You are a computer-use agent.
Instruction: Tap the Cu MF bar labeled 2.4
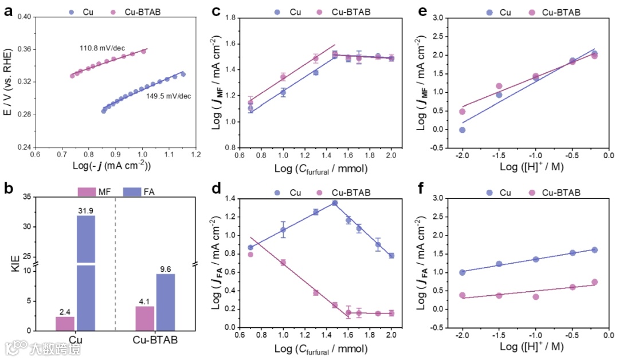coord(65,323)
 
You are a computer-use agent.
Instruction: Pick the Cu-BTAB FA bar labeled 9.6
coord(166,302)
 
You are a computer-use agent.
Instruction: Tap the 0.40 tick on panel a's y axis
coord(24,17)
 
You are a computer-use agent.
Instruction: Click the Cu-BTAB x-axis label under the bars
coord(155,340)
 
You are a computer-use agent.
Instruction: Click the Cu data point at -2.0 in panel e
coord(462,130)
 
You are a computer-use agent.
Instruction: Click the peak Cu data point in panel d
coord(335,203)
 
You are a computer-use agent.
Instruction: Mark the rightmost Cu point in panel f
coord(594,250)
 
